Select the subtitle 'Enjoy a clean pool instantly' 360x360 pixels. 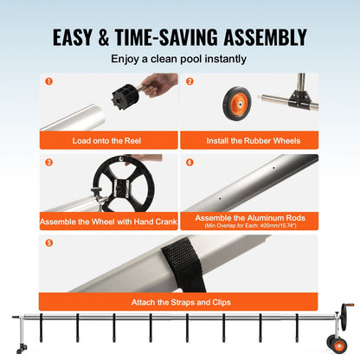[179, 60]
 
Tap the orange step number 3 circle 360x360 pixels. [48, 162]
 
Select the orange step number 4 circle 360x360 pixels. [190, 162]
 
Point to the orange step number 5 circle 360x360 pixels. [48, 243]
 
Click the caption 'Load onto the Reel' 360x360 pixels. [108, 139]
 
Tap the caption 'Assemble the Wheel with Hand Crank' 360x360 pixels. [108, 222]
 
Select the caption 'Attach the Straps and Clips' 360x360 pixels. [179, 303]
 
